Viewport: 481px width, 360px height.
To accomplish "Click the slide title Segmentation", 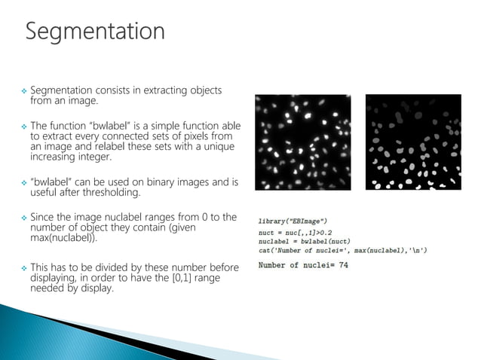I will click(x=95, y=32).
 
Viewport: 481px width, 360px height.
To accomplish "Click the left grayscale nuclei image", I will click(x=302, y=142).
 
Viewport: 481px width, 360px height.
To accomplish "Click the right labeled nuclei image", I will click(x=412, y=142).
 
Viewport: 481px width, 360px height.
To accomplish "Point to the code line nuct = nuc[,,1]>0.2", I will click(x=299, y=233).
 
